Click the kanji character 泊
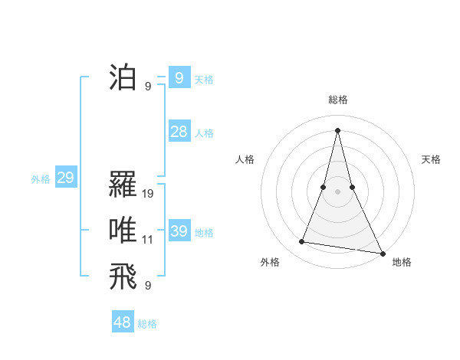pos(123,78)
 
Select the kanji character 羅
pos(123,185)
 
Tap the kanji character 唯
pos(123,231)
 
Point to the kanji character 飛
pos(123,277)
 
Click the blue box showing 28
pos(179,132)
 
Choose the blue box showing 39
pos(179,231)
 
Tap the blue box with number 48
pos(123,322)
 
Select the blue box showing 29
pos(65,178)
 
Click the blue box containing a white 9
pos(179,77)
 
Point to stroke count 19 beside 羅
pos(148,194)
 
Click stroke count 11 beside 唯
pos(148,240)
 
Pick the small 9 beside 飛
pos(148,286)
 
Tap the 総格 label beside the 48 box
pos(147,324)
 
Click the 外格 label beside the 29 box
pos(41,179)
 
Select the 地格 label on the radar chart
pos(402,262)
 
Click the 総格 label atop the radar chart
pos(337,100)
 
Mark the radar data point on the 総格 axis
pos(337,129)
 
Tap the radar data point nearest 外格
pos(302,242)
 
